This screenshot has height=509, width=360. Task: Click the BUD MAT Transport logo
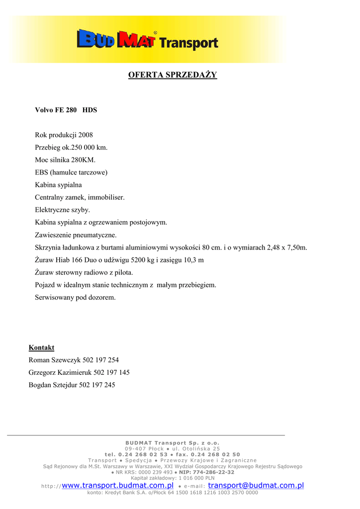pos(148,40)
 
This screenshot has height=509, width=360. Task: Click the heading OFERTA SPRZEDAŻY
pos(173,75)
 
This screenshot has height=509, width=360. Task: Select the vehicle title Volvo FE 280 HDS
pos(66,110)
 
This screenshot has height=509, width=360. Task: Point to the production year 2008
pos(86,135)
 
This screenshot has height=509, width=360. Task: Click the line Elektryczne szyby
pos(62,210)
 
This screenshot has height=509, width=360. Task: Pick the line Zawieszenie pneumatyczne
pos(76,235)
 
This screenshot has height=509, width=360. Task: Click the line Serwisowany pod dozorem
pos(75,298)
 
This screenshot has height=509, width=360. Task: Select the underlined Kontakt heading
pos(41,347)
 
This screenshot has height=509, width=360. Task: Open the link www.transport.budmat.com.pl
pos(117,486)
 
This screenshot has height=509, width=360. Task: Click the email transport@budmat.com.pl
pos(256,486)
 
